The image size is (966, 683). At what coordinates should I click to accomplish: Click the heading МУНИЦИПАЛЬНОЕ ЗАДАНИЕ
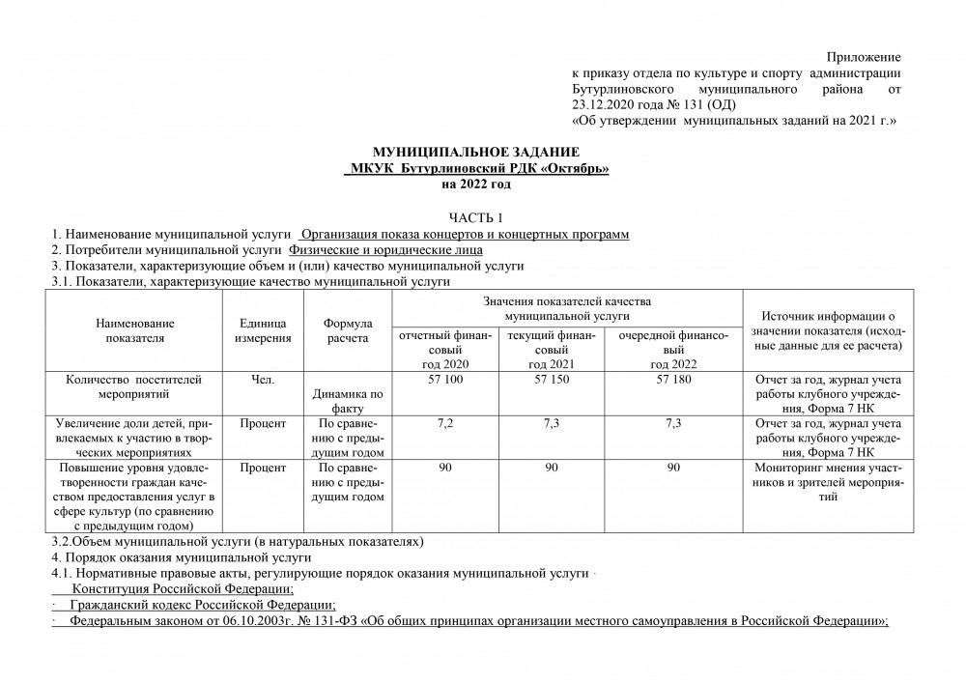[x=476, y=153]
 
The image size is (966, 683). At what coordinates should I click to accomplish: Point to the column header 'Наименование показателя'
[x=136, y=331]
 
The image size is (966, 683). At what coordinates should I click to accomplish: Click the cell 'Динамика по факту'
[x=347, y=401]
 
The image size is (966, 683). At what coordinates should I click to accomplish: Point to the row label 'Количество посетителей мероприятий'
[x=136, y=386]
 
